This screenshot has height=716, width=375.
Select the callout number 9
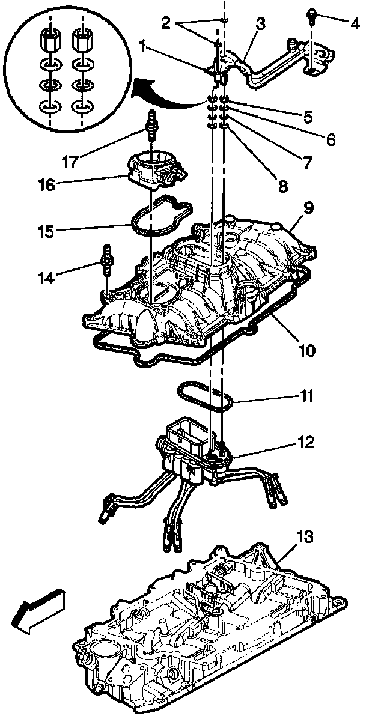tap(308, 209)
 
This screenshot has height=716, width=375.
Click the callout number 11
tap(307, 396)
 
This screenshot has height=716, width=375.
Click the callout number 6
tap(331, 139)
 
